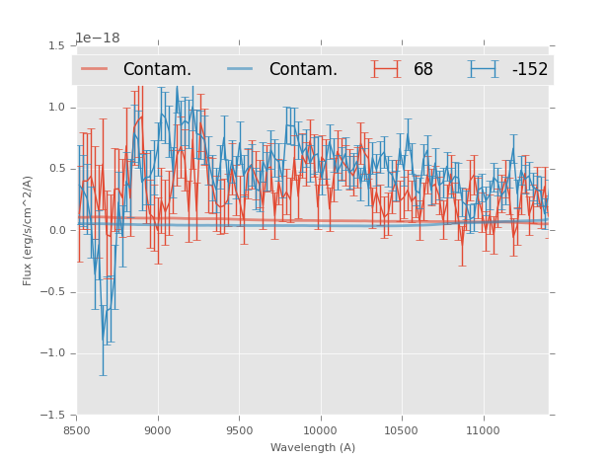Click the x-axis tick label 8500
tap(77, 430)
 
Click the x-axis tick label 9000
tap(158, 430)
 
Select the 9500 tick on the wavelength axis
tap(239, 430)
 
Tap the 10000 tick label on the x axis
tap(320, 430)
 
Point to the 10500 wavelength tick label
tap(401, 430)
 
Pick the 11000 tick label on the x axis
tap(483, 430)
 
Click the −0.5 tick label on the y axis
tap(54, 292)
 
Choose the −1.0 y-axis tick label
tap(54, 353)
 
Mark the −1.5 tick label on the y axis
tap(54, 416)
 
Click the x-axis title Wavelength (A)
tap(313, 448)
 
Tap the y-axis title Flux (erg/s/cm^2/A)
tap(29, 230)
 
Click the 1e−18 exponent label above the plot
tap(98, 38)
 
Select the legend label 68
tap(423, 70)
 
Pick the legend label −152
tap(529, 70)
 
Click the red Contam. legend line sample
tap(95, 69)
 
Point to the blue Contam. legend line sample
tap(241, 69)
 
